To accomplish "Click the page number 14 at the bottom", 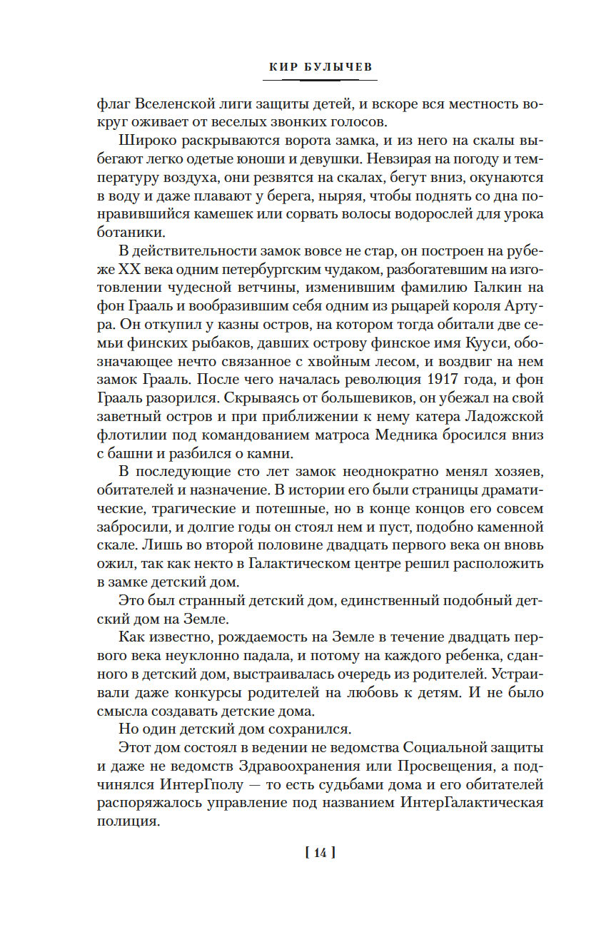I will coord(319,853).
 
